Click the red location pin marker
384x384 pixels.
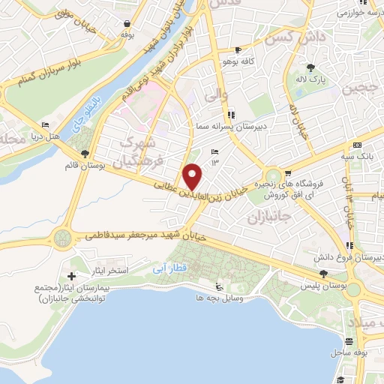pyautogui.click(x=193, y=176)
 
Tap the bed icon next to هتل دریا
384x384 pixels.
pyautogui.click(x=46, y=125)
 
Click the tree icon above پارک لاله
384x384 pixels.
pyautogui.click(x=321, y=67)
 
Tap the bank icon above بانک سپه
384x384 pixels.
pyautogui.click(x=357, y=145)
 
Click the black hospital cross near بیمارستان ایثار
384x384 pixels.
pyautogui.click(x=71, y=276)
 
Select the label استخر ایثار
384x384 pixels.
pyautogui.click(x=118, y=269)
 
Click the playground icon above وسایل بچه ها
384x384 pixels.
pyautogui.click(x=219, y=286)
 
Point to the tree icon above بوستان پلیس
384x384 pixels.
pyautogui.click(x=323, y=274)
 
